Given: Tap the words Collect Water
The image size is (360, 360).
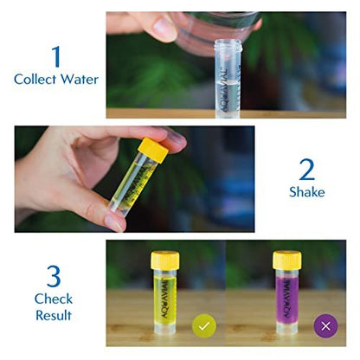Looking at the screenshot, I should click(55, 79).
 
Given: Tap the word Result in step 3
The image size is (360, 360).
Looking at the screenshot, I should click(54, 315).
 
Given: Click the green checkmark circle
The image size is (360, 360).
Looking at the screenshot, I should click(204, 326).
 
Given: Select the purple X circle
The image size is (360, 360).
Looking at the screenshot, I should click(325, 326).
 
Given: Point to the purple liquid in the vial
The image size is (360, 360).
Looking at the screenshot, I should click(286, 299).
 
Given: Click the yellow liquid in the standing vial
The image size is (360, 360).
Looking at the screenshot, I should click(165, 299).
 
